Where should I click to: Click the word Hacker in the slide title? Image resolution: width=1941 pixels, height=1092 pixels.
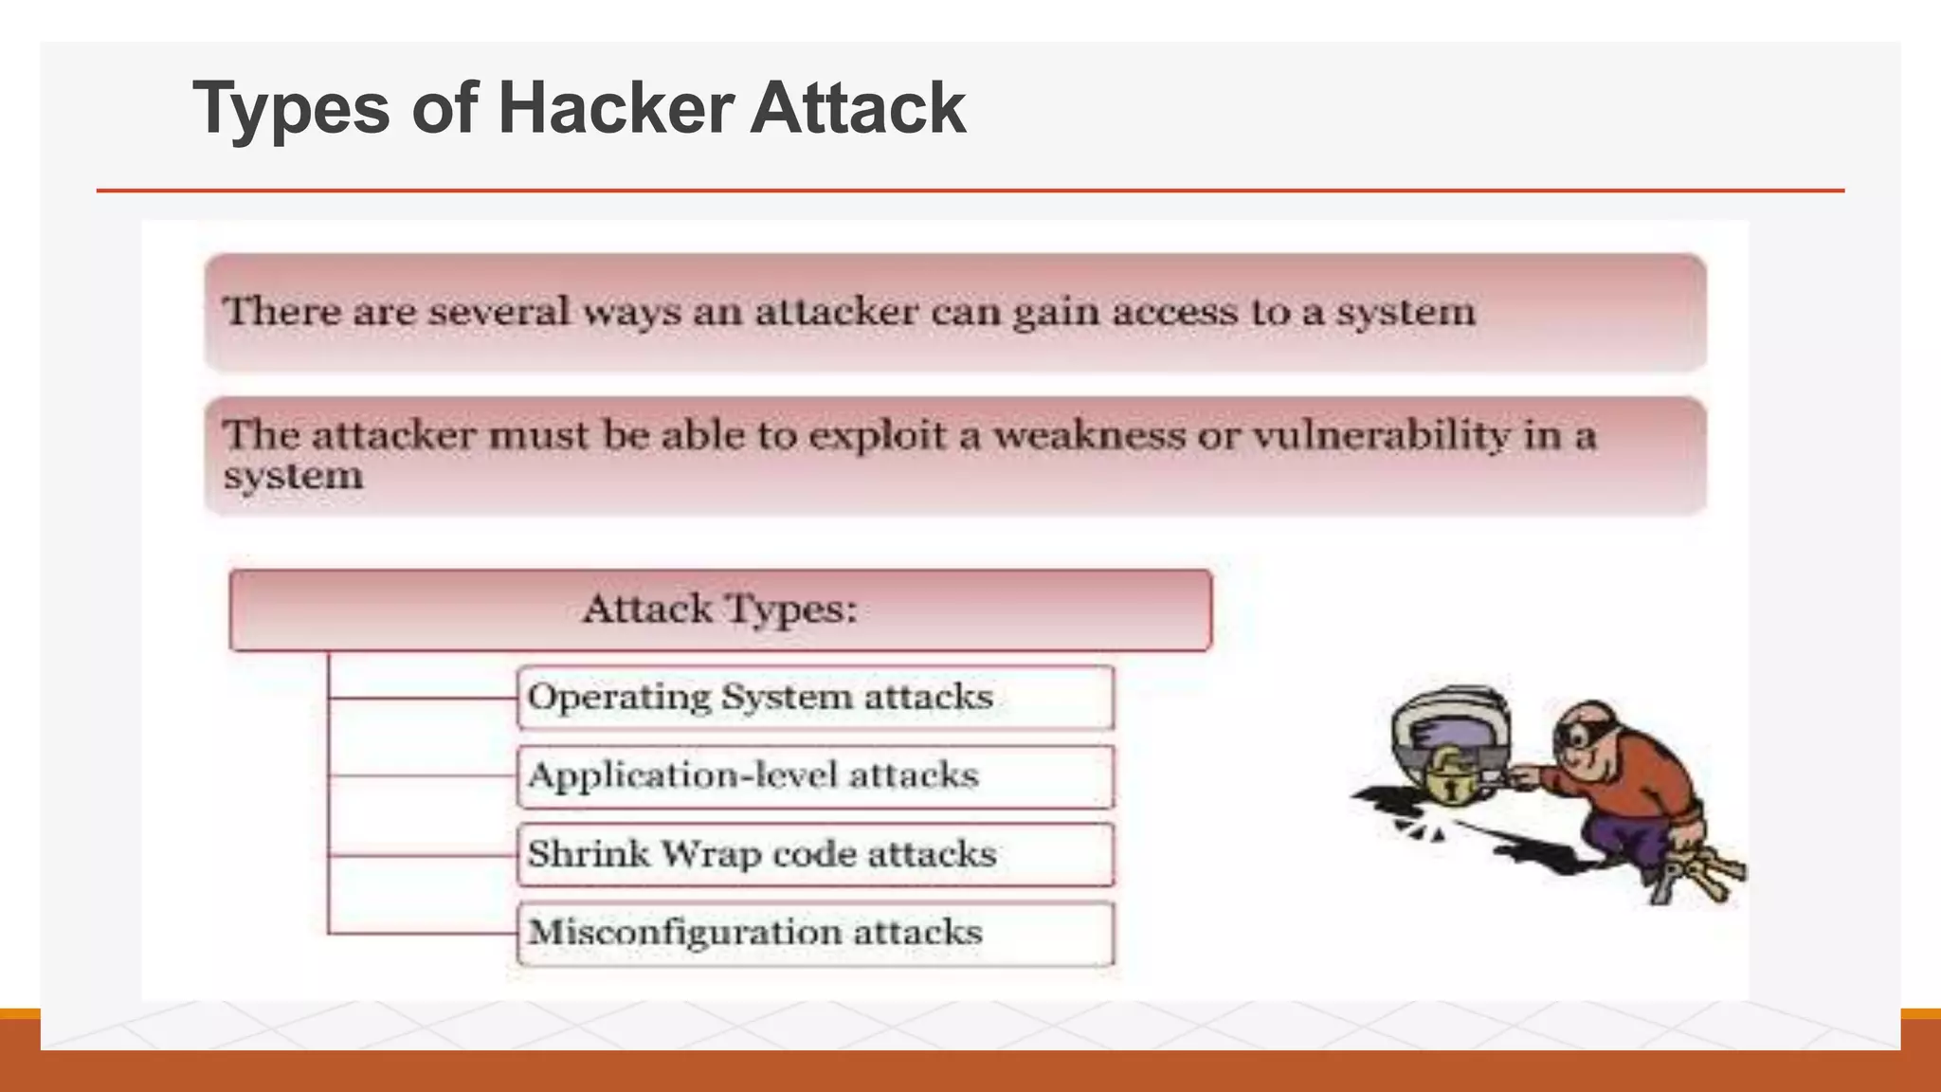pyautogui.click(x=615, y=108)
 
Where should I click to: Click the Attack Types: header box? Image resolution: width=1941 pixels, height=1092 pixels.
pyautogui.click(x=720, y=610)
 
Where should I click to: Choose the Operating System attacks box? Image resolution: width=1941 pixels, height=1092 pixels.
pyautogui.click(x=815, y=698)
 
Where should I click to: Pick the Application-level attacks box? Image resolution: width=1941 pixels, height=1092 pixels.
pyautogui.click(x=815, y=776)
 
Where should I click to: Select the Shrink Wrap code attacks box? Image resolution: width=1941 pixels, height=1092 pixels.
pyautogui.click(x=815, y=855)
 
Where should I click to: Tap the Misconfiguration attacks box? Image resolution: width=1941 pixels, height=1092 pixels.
pyautogui.click(x=815, y=934)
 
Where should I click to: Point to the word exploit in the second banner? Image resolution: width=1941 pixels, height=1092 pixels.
pyautogui.click(x=878, y=436)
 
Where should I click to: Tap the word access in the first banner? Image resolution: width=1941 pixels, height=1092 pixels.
pyautogui.click(x=1175, y=313)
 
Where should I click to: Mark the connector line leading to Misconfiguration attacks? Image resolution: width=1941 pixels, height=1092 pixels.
pyautogui.click(x=422, y=935)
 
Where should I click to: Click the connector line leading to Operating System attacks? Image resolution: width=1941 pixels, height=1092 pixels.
pyautogui.click(x=422, y=699)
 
